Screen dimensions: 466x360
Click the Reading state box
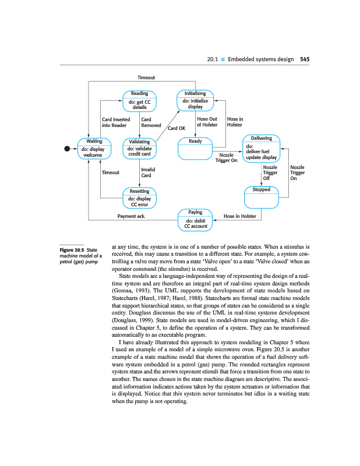[x=139, y=100]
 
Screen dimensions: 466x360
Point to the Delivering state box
[x=261, y=149]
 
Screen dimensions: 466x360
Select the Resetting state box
[x=139, y=198]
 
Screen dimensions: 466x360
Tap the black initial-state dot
[x=67, y=149]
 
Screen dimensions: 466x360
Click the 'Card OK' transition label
[x=176, y=129]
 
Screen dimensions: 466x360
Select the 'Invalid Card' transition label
[x=147, y=172]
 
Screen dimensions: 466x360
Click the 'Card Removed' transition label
[x=151, y=122]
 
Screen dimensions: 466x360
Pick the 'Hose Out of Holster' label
[x=207, y=122]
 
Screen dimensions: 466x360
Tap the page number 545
[x=305, y=59]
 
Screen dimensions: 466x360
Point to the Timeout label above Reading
[x=146, y=77]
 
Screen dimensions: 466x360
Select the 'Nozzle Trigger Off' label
[x=270, y=172]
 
